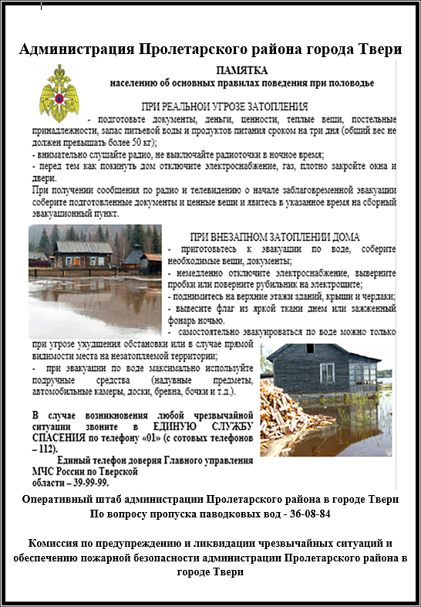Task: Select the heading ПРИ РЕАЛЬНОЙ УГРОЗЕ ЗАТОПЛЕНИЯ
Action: [225, 106]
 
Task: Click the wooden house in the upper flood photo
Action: [81, 255]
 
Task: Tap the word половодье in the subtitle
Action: [348, 82]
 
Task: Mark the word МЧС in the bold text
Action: [45, 470]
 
